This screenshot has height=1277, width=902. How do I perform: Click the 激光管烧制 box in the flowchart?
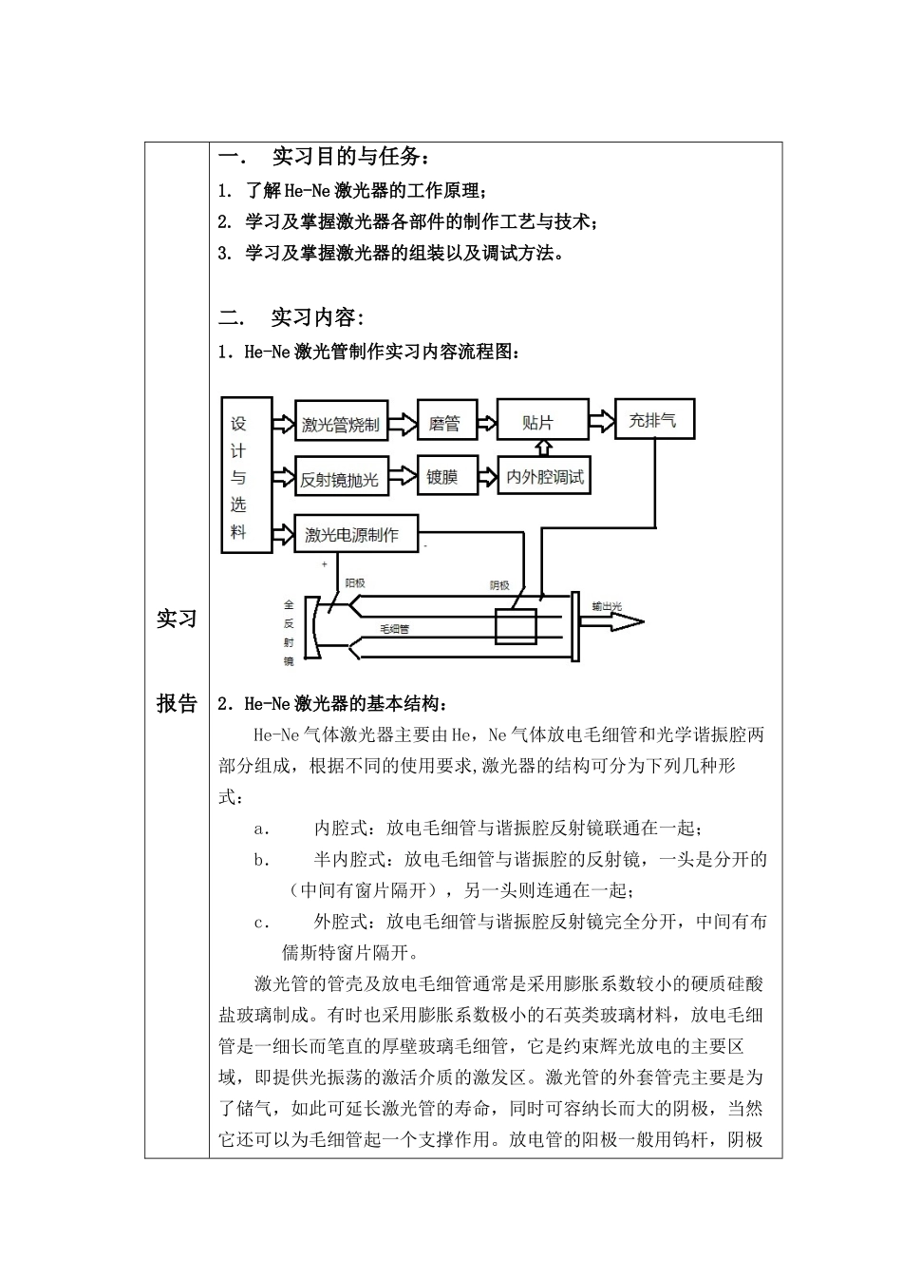[341, 425]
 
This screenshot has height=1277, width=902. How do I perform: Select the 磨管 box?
[445, 423]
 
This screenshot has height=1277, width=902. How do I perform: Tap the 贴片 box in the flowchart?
[538, 422]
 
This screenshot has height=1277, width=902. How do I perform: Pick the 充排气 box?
[654, 420]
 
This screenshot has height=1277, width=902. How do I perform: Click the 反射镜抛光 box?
[339, 479]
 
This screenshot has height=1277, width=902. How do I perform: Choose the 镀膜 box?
[442, 477]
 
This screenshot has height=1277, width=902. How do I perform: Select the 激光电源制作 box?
[355, 535]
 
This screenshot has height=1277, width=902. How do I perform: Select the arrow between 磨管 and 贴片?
[485, 422]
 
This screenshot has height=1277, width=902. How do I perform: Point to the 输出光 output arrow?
[615, 622]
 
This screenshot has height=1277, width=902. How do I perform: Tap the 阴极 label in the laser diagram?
[498, 585]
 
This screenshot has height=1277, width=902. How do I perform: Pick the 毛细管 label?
[394, 628]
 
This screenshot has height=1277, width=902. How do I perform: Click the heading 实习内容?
[317, 316]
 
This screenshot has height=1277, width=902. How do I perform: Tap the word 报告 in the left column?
[177, 703]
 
